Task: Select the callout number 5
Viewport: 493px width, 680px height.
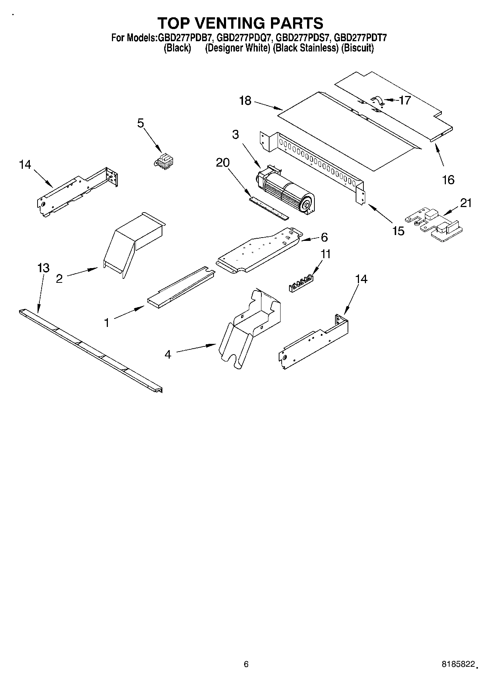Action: (141, 123)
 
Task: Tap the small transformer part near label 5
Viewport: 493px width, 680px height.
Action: (164, 162)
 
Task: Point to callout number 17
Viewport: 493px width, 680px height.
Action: (405, 100)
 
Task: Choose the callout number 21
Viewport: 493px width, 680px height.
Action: (466, 203)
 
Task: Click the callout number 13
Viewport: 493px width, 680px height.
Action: (43, 268)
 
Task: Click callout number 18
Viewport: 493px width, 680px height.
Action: (245, 100)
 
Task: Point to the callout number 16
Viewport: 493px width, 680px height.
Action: (448, 180)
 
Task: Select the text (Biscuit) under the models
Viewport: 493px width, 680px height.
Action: (357, 48)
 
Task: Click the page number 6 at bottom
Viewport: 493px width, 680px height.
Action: (246, 664)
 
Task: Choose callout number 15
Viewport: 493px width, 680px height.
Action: (398, 231)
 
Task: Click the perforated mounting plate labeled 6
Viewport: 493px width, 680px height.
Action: (260, 250)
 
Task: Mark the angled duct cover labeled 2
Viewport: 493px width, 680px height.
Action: (133, 243)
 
